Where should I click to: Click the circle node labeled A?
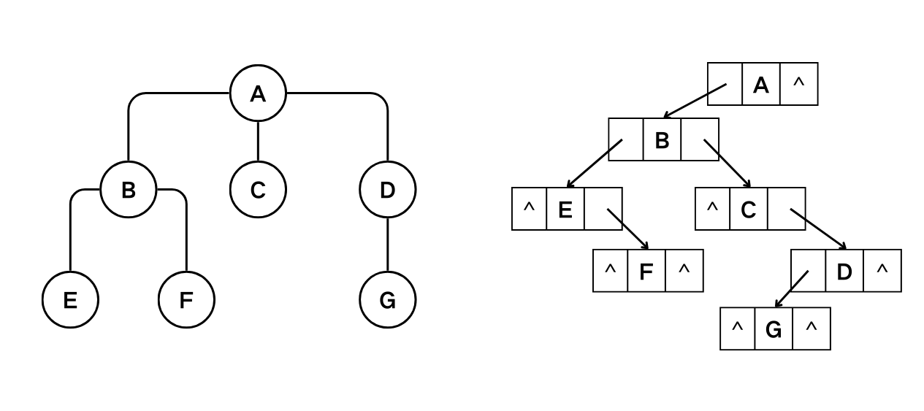(258, 93)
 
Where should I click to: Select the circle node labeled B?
(128, 190)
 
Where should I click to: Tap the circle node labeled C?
(258, 190)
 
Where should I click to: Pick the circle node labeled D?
(387, 190)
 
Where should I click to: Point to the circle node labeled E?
(70, 300)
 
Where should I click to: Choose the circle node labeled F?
(186, 300)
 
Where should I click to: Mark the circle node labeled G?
(387, 300)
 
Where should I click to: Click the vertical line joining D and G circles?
(387, 245)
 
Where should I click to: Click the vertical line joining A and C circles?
(258, 141)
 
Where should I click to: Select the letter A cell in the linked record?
(761, 85)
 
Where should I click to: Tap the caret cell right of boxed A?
(798, 85)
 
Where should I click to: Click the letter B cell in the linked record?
(662, 139)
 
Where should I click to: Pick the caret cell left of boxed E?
(530, 209)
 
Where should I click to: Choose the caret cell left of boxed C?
(712, 209)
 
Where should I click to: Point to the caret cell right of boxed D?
(882, 271)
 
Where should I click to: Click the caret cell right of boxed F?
(684, 271)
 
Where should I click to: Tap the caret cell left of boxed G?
(737, 329)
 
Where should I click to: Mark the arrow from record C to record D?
(818, 229)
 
